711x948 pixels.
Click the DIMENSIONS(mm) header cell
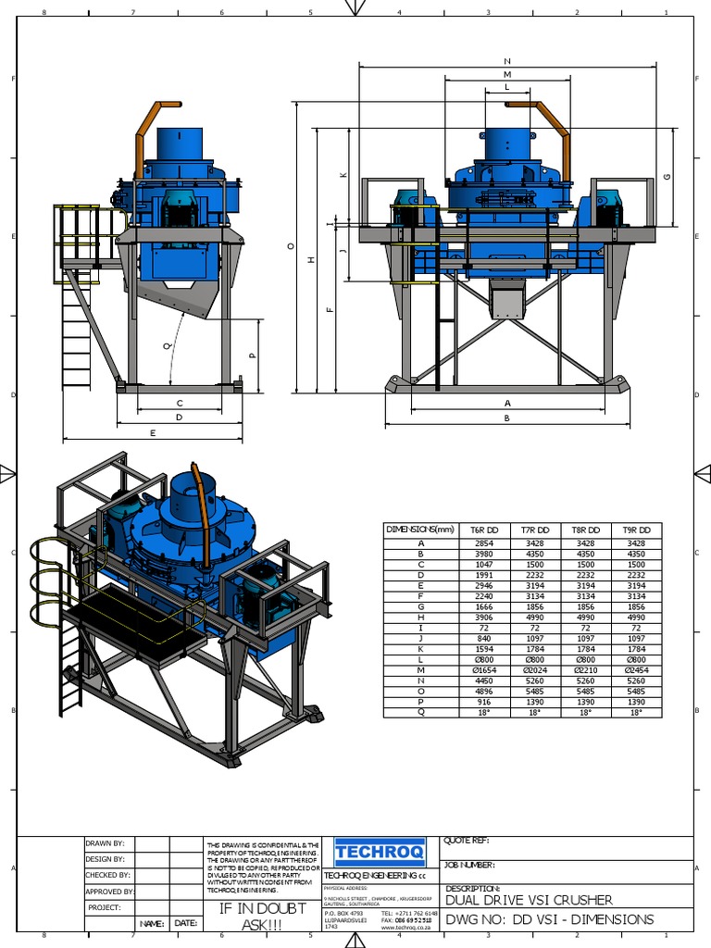pos(421,530)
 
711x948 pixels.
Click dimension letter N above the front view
pos(507,61)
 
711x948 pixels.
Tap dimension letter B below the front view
pos(507,418)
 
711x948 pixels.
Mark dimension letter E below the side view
pos(153,432)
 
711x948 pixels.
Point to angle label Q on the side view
pos(168,346)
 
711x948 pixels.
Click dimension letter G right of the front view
pos(667,177)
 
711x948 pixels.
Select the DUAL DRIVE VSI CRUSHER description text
pos(529,900)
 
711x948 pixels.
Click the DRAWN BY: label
pos(105,843)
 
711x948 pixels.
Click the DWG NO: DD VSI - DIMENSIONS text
pos(550,919)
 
